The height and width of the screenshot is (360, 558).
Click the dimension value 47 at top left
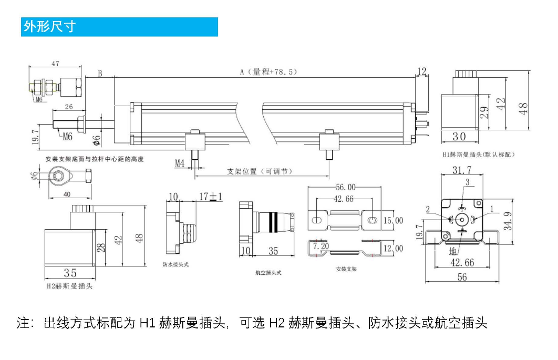coord(55,64)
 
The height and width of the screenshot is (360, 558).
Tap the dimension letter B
coord(100,74)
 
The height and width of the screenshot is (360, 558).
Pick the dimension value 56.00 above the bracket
coord(345,187)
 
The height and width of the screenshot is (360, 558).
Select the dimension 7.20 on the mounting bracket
coord(321,245)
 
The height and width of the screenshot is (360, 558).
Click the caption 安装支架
coord(346,269)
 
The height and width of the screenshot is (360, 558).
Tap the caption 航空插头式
coord(268,273)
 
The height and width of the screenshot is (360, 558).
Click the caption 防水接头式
coord(175,264)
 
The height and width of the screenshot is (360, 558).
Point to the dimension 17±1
coord(211,197)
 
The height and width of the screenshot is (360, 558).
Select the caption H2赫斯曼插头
coord(69,287)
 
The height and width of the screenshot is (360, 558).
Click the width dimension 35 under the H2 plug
coord(70,273)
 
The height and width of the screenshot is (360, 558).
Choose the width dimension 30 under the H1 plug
coord(459,137)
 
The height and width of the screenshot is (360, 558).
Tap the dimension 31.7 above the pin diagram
coord(462,170)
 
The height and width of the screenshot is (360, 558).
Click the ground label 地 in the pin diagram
coord(453,251)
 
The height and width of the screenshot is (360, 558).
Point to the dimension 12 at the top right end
coord(422,71)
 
